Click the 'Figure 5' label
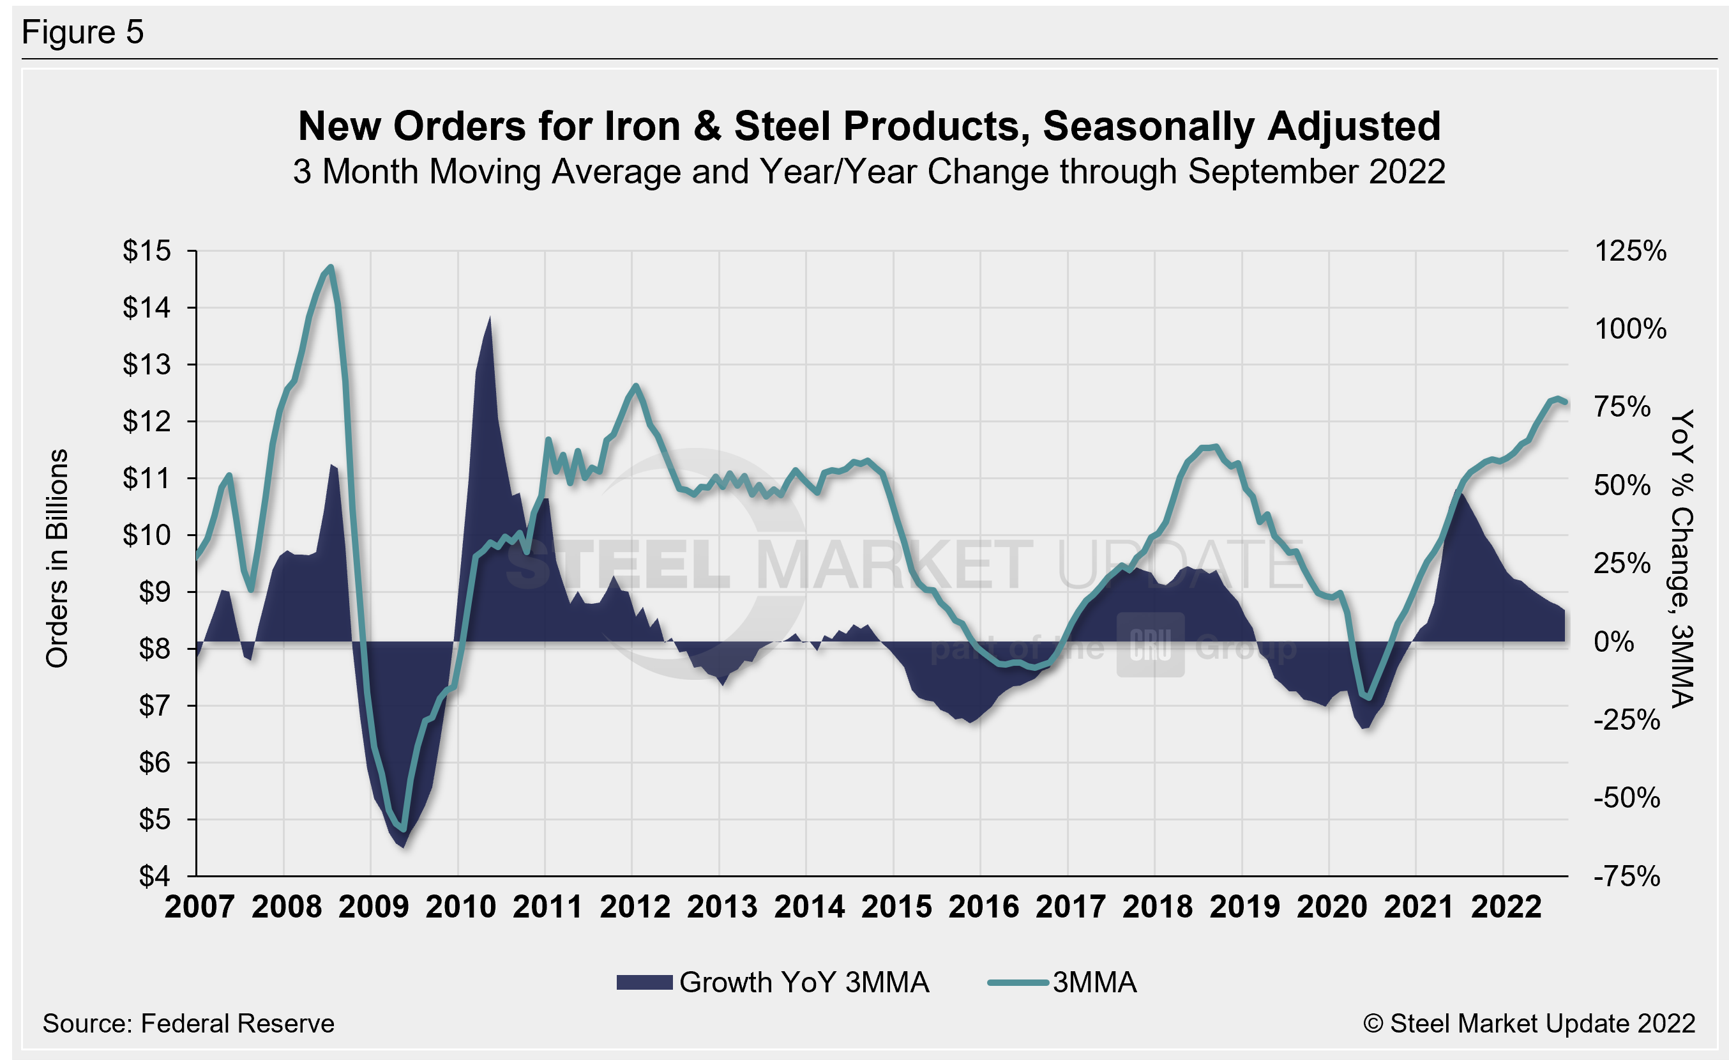pos(83,33)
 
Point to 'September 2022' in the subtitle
pos(1317,172)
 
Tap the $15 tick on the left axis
pos(147,250)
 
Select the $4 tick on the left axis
pos(155,876)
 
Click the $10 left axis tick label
pos(147,535)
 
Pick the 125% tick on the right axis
pos(1630,251)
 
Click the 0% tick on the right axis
pos(1614,641)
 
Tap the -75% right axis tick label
pos(1627,877)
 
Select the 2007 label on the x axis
pos(199,907)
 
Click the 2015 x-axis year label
pos(896,907)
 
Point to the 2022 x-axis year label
pos(1506,907)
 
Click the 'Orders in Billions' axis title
pos(57,558)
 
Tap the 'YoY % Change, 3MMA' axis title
pos(1682,558)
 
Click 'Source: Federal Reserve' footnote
pos(188,1024)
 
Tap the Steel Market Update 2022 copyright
pos(1529,1024)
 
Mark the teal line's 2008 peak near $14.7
pos(331,266)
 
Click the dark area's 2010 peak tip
pos(490,318)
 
